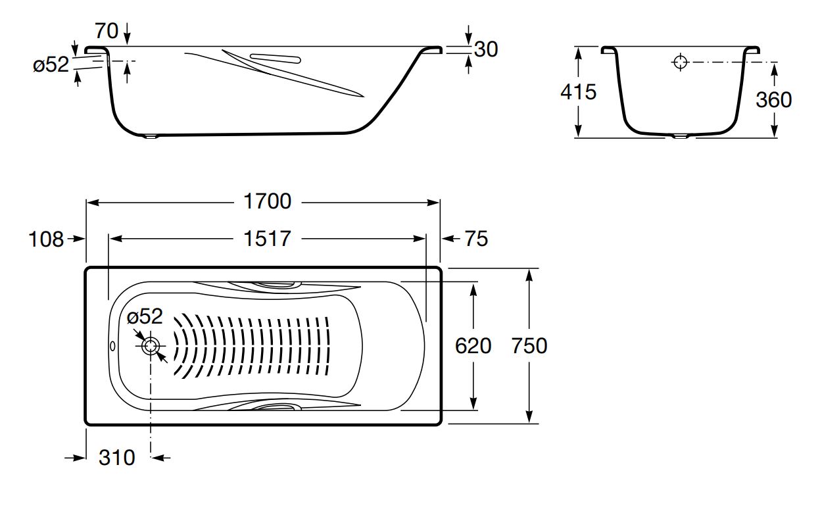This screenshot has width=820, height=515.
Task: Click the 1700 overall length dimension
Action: point(267,201)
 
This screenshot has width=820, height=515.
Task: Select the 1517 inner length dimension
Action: point(267,239)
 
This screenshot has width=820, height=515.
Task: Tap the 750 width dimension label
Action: point(529,345)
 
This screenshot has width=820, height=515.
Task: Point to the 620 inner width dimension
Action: point(473,345)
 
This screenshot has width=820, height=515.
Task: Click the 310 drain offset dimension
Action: point(117,458)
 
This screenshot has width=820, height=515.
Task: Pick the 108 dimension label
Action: point(46,239)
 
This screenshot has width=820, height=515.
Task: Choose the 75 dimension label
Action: point(476,239)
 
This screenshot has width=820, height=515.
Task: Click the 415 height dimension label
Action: point(579,91)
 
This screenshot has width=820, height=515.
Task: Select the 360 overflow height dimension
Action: point(774,99)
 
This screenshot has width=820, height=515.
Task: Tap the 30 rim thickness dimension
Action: point(486,49)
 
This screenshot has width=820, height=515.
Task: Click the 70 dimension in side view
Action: point(107,31)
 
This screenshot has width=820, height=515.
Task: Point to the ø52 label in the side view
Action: point(51,65)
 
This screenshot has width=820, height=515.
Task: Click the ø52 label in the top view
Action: point(145,316)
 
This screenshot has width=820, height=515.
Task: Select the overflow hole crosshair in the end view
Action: point(681,62)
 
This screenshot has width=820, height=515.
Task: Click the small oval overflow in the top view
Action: point(112,346)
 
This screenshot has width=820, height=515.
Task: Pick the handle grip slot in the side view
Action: point(276,59)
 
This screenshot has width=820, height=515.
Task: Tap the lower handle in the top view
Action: point(276,406)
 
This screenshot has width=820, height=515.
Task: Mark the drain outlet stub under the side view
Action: point(151,137)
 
